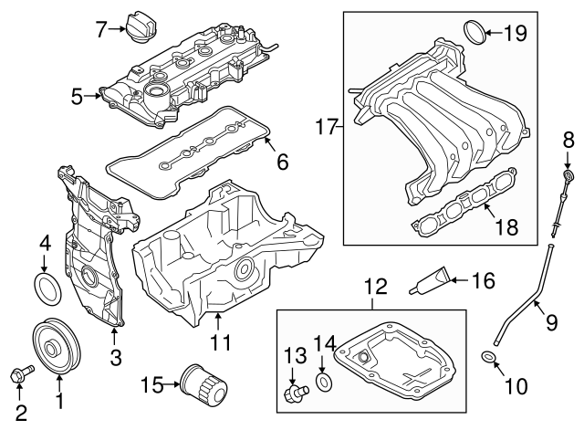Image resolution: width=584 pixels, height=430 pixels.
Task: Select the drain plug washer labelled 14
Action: coord(323,381)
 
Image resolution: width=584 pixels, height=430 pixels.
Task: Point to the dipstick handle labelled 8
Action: coord(568,176)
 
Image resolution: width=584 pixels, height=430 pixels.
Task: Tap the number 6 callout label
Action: coord(282,163)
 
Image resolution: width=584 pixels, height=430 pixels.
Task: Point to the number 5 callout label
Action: coord(77,93)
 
